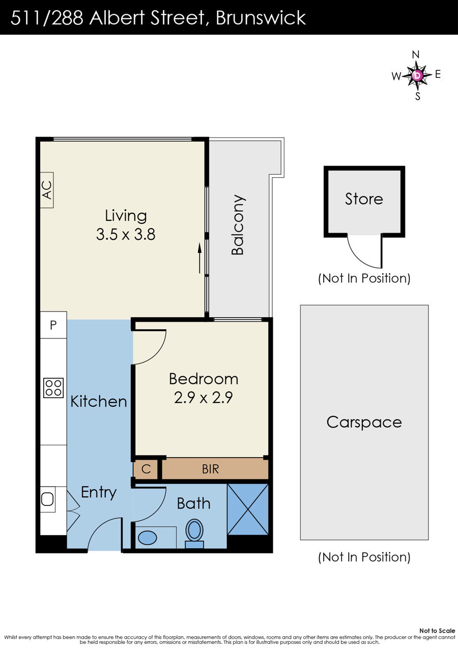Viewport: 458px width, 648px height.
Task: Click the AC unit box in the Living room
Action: coord(46,190)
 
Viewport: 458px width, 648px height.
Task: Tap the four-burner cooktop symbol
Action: coord(53,388)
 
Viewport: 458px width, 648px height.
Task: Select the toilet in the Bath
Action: coord(194,533)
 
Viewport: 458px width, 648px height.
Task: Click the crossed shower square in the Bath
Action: coord(248,509)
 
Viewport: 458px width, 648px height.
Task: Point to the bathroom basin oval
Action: coord(148,538)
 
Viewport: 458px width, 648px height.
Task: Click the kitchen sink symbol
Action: coord(47,499)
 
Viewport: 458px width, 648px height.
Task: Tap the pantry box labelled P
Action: coord(53,325)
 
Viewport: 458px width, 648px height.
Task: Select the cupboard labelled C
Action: coord(146,469)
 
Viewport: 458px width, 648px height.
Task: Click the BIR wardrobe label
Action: coord(210,469)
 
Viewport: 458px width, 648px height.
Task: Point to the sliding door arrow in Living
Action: coord(199,258)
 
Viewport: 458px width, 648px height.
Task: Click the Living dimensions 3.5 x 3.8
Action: coord(126,235)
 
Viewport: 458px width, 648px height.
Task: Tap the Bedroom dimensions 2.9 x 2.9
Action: coord(203,398)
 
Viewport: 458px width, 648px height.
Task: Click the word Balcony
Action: coord(238,225)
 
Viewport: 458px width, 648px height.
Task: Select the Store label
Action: coord(364,199)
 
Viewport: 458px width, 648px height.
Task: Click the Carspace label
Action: coord(364,422)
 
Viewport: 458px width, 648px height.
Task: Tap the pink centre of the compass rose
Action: coord(417,75)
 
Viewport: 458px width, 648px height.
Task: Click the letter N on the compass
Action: coord(415,54)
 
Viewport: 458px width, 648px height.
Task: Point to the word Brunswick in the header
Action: coord(261,18)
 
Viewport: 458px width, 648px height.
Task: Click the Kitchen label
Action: coord(99,402)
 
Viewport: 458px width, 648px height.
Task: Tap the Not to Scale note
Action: coord(437,631)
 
